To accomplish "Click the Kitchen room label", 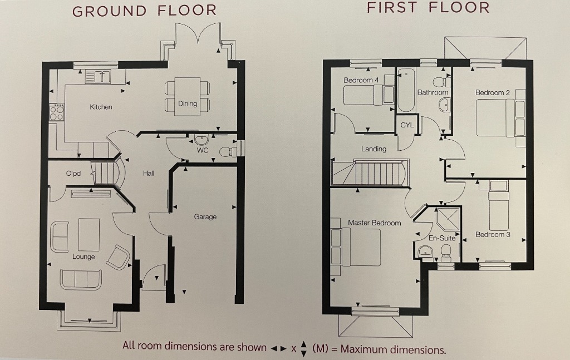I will point(101,107).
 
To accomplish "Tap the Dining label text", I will point(188,103).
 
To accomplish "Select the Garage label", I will point(205,216).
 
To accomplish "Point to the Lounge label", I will point(83,257).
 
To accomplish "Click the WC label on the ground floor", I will point(203,150).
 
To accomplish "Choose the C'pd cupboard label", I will point(73,174).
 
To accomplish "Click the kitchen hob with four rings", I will point(57,113).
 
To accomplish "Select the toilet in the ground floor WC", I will point(226,151).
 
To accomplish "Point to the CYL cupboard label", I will point(407,125).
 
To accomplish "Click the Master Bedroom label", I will point(374,223).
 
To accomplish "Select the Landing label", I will point(374,149).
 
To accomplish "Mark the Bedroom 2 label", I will point(493,92).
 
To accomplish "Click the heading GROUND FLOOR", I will point(144,11).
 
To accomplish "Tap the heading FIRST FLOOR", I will point(428,7).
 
